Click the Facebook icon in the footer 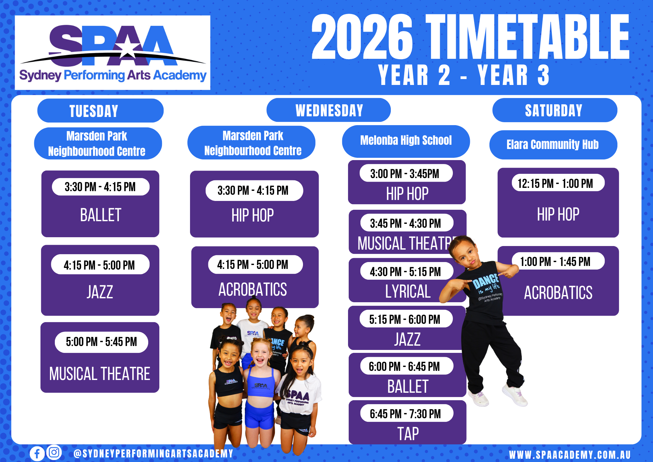pyautogui.click(x=37, y=454)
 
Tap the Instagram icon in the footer pyautogui.click(x=54, y=453)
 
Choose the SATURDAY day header pyautogui.click(x=555, y=110)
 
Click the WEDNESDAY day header pyautogui.click(x=328, y=110)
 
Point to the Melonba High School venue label pyautogui.click(x=406, y=141)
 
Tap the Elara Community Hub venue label pyautogui.click(x=553, y=145)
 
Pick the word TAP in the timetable pyautogui.click(x=408, y=434)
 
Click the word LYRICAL pyautogui.click(x=407, y=291)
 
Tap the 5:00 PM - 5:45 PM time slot pyautogui.click(x=101, y=342)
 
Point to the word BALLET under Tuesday pyautogui.click(x=101, y=215)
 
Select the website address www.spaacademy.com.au pyautogui.click(x=570, y=454)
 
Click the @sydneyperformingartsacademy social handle pyautogui.click(x=153, y=454)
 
